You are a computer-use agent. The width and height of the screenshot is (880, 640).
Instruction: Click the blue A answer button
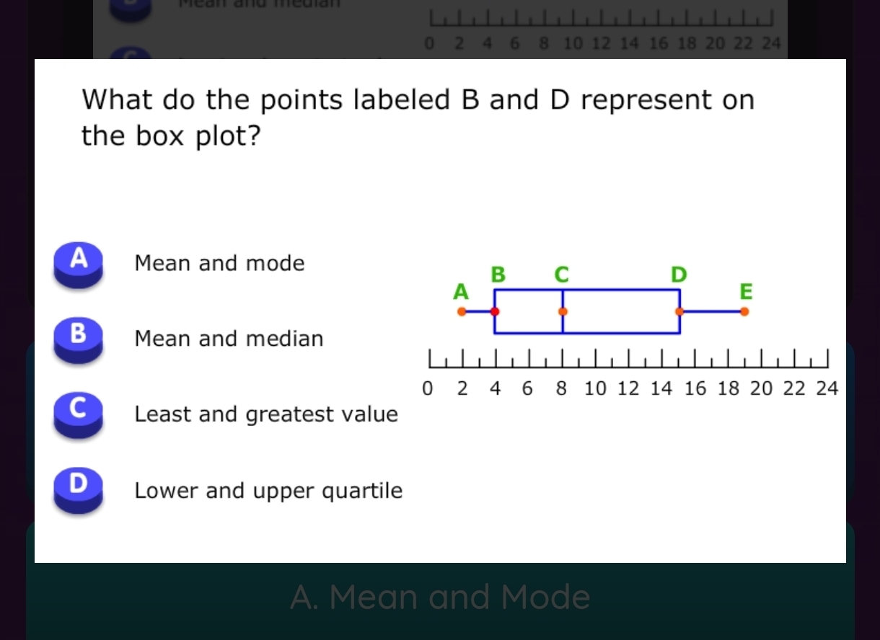(78, 263)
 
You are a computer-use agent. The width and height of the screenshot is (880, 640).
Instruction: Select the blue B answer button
(78, 339)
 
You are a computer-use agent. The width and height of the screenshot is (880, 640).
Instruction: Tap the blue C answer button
(78, 414)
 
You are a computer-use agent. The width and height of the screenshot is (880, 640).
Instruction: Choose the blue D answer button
(78, 490)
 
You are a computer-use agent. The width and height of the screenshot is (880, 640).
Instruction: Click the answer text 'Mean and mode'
(219, 263)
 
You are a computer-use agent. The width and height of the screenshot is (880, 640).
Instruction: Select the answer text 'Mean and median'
(229, 339)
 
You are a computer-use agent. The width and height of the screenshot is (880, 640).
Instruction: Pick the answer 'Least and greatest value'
(265, 414)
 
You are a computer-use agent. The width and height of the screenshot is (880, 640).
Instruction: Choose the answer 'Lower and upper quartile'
(268, 491)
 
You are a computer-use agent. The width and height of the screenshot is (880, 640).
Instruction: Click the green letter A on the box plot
(460, 292)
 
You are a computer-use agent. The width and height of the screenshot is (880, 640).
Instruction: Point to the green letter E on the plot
(745, 292)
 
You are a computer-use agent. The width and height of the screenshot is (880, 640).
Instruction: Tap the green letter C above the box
(561, 275)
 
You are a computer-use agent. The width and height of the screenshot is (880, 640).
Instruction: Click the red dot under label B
(495, 312)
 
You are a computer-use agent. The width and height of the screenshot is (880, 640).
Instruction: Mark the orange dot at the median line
(563, 312)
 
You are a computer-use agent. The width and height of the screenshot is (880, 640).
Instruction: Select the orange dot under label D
(679, 312)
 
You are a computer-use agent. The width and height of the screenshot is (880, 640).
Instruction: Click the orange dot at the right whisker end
(744, 312)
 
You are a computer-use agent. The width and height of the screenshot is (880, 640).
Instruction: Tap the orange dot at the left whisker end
(462, 312)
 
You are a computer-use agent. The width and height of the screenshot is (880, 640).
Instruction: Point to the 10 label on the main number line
(595, 389)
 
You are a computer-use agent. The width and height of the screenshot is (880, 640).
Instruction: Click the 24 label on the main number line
(827, 389)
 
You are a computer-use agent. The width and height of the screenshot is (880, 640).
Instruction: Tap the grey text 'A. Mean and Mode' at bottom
(440, 597)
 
